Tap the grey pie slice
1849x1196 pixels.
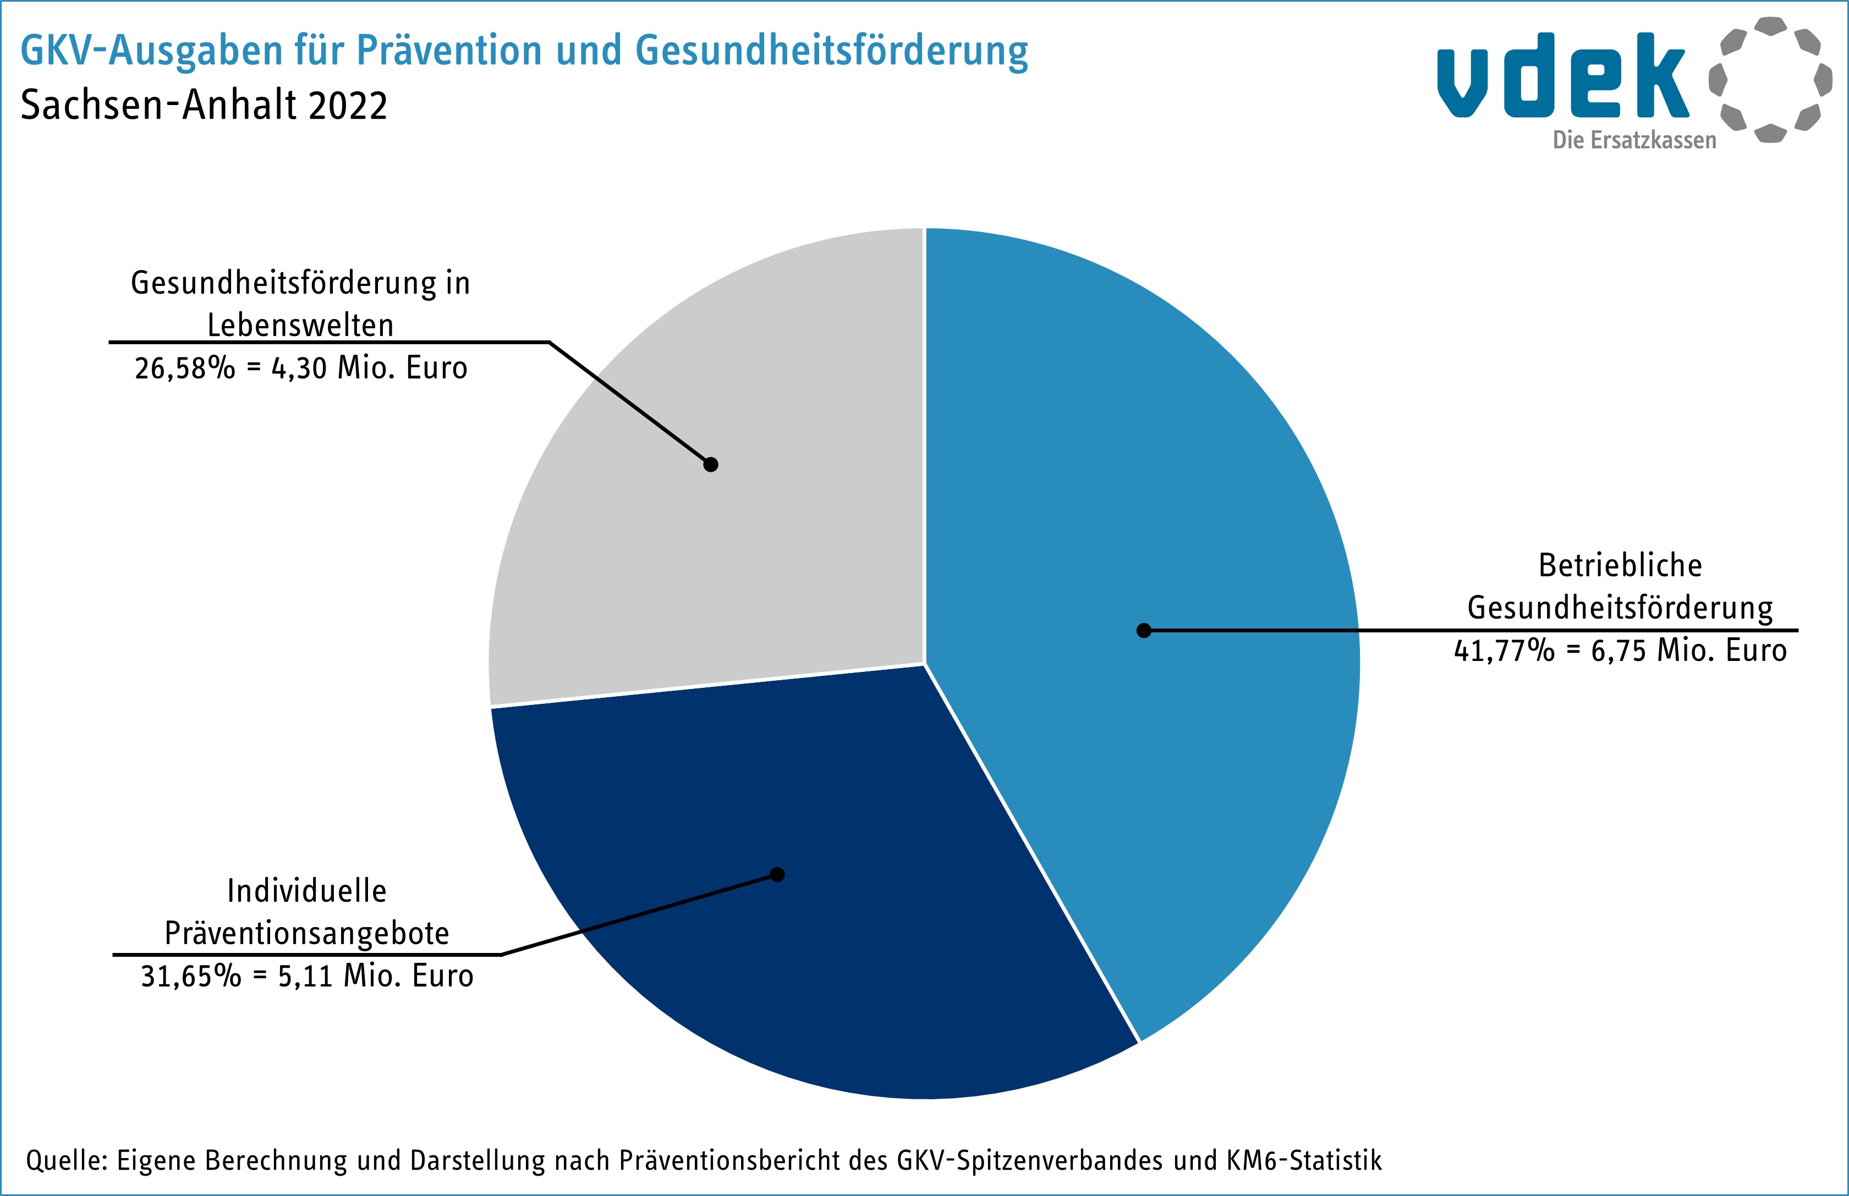(x=699, y=544)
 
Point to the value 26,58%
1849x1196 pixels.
(x=185, y=368)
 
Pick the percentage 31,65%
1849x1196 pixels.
(x=191, y=976)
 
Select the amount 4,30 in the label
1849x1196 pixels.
(x=299, y=368)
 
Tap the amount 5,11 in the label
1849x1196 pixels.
(x=305, y=976)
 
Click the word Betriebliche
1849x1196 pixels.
(x=1620, y=565)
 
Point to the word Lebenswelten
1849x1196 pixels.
(x=301, y=326)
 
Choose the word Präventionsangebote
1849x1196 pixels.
(x=307, y=934)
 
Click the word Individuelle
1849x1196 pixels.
(x=307, y=891)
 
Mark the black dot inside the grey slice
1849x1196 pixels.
(x=711, y=465)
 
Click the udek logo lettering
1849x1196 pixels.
(x=1561, y=76)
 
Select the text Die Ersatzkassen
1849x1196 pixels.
(x=1634, y=141)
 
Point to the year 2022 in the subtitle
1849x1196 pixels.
(x=347, y=106)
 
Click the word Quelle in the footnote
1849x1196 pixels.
(x=65, y=1160)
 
